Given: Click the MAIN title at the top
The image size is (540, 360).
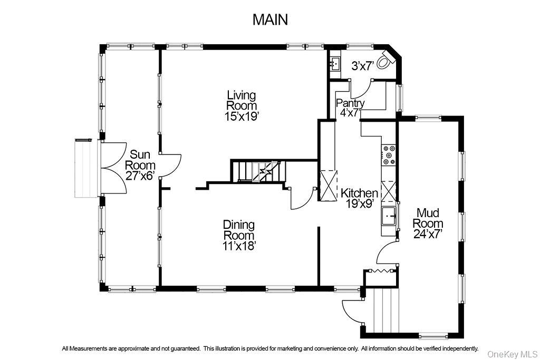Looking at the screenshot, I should tap(270, 20).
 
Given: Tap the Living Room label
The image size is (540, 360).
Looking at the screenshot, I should tap(242, 100).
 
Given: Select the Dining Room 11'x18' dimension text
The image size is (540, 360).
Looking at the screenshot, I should tap(239, 245).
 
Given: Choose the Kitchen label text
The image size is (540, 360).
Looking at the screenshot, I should tap(359, 193).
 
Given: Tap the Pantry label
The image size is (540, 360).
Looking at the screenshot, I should tap(350, 103).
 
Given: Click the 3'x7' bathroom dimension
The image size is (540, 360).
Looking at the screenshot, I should tap(363, 66).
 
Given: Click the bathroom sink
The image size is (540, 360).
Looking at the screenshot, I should tap(335, 64).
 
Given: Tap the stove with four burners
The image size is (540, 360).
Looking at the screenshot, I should tap(389, 155).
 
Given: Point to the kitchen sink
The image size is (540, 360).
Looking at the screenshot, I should tap(389, 215).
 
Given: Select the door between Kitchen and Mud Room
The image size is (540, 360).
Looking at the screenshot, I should tap(387, 252).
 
